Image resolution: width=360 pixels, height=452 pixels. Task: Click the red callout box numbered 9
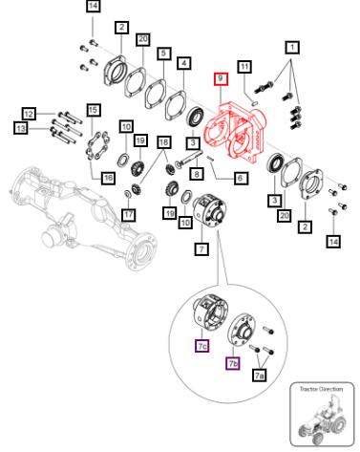click(x=221, y=78)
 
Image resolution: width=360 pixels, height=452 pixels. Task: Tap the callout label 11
click(x=244, y=67)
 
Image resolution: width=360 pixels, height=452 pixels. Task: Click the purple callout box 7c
click(x=202, y=346)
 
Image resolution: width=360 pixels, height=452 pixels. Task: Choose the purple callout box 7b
click(x=233, y=363)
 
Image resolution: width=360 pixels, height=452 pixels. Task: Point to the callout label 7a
click(x=260, y=376)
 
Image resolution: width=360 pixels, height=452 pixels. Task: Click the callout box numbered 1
click(x=292, y=48)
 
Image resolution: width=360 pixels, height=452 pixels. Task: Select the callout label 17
click(x=129, y=214)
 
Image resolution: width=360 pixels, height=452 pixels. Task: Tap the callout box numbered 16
click(x=108, y=178)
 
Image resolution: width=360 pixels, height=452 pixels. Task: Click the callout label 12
click(x=29, y=114)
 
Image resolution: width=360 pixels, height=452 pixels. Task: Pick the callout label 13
click(x=21, y=128)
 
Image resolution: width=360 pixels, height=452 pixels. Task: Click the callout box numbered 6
click(x=241, y=178)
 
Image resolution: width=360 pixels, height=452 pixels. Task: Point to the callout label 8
click(x=197, y=173)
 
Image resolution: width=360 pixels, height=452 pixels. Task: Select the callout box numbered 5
click(x=164, y=54)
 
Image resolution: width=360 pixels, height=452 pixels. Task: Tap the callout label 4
click(x=184, y=63)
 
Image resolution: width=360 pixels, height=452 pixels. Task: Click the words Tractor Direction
click(x=321, y=389)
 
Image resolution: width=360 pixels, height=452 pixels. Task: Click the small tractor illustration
click(x=322, y=419)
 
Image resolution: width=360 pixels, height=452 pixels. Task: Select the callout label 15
click(x=94, y=110)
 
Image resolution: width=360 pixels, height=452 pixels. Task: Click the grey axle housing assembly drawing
click(x=83, y=218)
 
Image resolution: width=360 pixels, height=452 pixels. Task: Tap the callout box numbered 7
click(x=201, y=248)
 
